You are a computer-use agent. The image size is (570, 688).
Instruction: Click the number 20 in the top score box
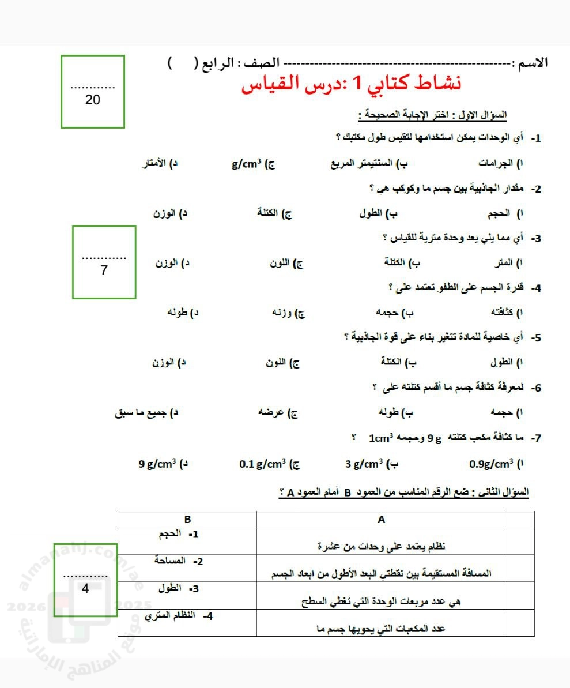point(92,100)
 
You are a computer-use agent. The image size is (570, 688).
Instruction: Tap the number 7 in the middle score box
point(104,270)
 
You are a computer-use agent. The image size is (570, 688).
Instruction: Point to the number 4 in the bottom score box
point(85,589)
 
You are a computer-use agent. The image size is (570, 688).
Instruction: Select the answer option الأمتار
point(153,164)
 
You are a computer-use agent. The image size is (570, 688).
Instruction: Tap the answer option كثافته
point(502,313)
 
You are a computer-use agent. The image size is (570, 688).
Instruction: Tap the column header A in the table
point(381,519)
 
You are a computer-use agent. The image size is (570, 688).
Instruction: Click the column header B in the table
point(187,519)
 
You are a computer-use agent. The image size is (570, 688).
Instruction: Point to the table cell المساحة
point(172,561)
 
